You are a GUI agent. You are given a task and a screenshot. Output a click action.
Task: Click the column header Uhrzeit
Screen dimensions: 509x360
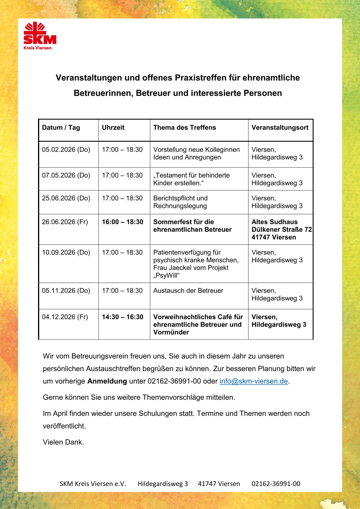point(113,127)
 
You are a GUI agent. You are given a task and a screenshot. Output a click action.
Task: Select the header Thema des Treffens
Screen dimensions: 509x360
point(185,127)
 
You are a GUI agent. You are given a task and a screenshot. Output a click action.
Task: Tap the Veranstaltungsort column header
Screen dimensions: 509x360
point(280,127)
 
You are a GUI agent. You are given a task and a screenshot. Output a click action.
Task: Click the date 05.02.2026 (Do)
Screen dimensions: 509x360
point(66,150)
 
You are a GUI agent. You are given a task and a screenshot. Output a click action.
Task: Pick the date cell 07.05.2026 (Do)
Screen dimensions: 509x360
point(66,175)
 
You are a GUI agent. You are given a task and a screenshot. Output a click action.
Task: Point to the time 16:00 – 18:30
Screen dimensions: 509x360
point(123,222)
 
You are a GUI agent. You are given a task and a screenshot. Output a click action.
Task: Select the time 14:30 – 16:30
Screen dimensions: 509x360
point(123,317)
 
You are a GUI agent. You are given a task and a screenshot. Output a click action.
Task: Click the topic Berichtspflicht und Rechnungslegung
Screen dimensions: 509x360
point(180,202)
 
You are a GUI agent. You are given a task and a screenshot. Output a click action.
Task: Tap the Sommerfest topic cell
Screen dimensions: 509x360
point(192,226)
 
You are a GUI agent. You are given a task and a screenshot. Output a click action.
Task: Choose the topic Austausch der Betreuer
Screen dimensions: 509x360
point(188,291)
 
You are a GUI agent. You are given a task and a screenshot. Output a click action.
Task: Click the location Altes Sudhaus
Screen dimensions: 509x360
point(274,222)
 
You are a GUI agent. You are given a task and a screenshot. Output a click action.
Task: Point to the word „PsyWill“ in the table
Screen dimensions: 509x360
point(166,275)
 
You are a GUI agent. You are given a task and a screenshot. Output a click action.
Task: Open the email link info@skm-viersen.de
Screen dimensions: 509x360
point(253,381)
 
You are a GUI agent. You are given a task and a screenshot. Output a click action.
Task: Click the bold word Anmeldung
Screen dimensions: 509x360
point(107,381)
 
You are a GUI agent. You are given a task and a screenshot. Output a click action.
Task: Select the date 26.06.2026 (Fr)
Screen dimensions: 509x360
point(65,222)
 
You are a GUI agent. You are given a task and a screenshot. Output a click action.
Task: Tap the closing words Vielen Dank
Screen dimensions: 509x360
point(63,442)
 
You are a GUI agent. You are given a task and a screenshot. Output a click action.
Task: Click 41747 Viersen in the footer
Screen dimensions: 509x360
point(219,484)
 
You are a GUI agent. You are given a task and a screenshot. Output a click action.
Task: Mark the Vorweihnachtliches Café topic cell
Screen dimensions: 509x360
point(198,324)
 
